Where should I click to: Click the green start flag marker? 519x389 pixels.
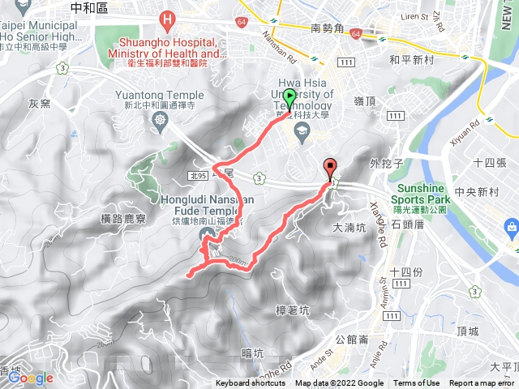(290, 99)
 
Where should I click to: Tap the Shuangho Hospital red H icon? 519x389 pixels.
(167, 18)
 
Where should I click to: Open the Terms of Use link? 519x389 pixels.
(416, 383)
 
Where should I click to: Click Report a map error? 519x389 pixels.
(483, 383)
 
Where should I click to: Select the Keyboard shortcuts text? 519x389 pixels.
(251, 383)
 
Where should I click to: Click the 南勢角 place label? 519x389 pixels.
(328, 28)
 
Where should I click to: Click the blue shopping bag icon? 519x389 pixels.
(510, 226)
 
